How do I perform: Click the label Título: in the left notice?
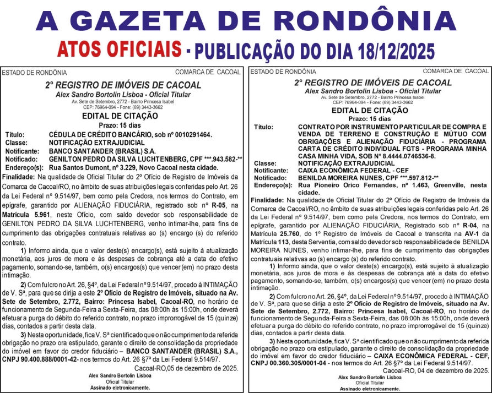pos(15,134)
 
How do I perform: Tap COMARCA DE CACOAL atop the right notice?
pos(455,72)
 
